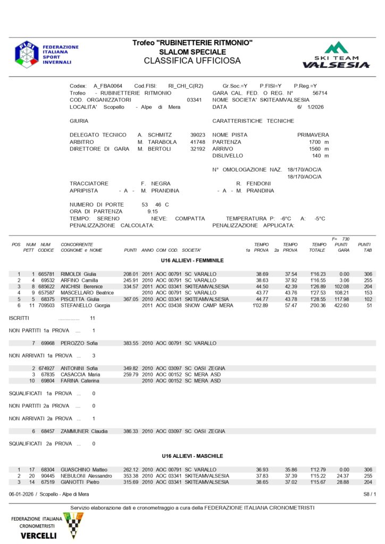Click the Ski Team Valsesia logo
[336, 55]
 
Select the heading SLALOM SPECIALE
[192, 52]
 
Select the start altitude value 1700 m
[319, 142]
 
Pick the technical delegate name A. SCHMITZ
[154, 135]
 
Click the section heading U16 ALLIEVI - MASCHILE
[192, 456]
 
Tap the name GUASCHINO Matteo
[84, 470]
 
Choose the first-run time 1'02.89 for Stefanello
[260, 305]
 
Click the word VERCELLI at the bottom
[38, 535]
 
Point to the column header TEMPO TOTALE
[319, 247]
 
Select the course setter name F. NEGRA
[155, 183]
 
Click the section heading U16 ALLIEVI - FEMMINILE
[192, 260]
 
